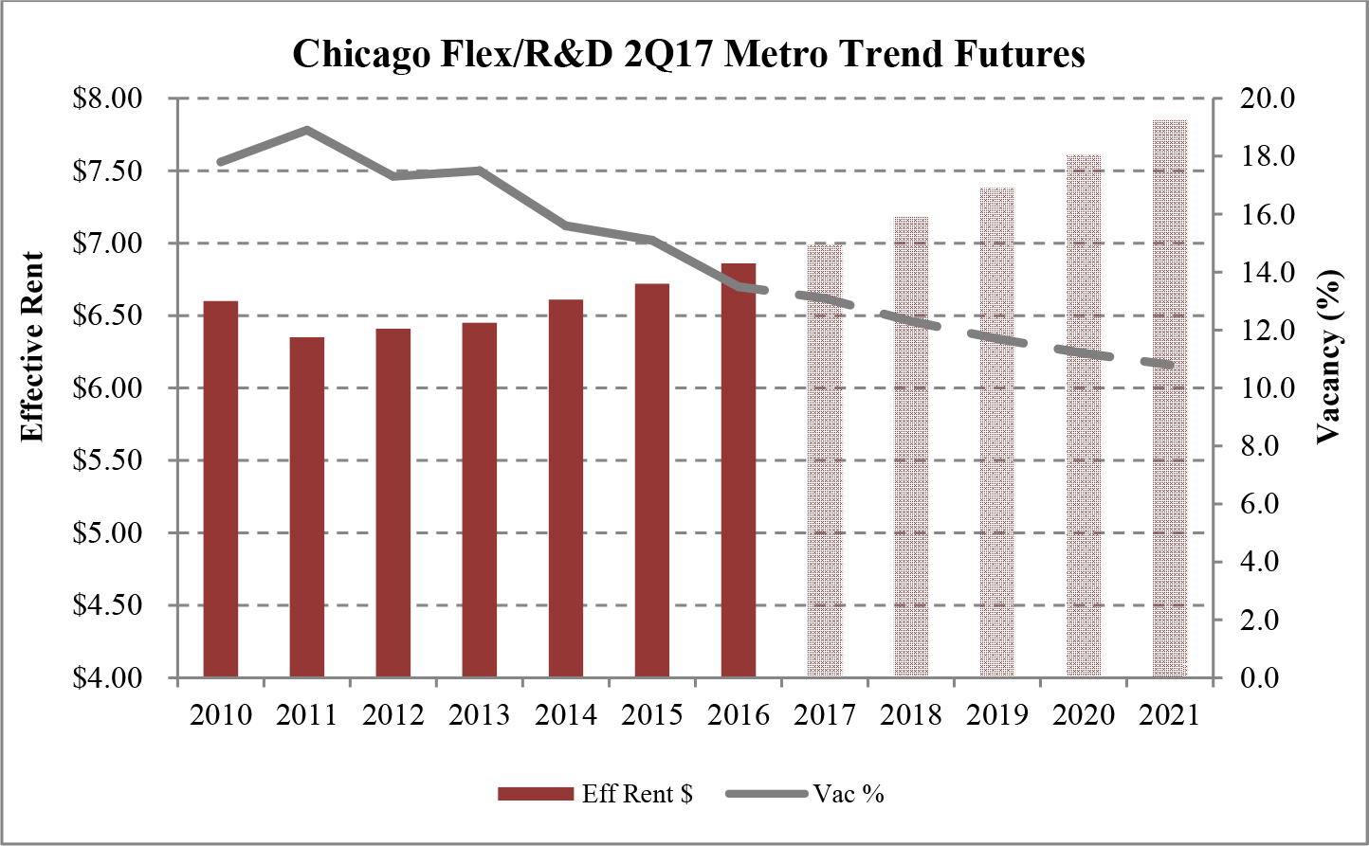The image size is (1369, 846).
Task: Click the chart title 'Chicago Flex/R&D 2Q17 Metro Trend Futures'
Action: click(688, 54)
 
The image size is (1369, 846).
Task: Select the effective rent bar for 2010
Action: click(221, 489)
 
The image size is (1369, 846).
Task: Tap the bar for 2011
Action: click(307, 507)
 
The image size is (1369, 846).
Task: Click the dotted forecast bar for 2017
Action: click(825, 460)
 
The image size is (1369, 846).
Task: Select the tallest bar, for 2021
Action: click(1170, 398)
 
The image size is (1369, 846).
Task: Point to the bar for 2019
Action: click(997, 432)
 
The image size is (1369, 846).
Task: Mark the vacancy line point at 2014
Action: click(566, 225)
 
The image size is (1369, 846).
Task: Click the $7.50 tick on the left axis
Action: click(107, 171)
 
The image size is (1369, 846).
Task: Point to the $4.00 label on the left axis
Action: click(107, 678)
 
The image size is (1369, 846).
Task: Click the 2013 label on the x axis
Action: click(480, 714)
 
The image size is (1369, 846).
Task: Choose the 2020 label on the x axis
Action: click(1084, 714)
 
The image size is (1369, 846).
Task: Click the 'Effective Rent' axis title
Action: click(33, 347)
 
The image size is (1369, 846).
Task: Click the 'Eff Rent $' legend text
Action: click(637, 794)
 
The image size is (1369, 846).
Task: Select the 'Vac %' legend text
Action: click(849, 794)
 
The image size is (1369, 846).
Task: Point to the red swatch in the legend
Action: click(535, 794)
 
